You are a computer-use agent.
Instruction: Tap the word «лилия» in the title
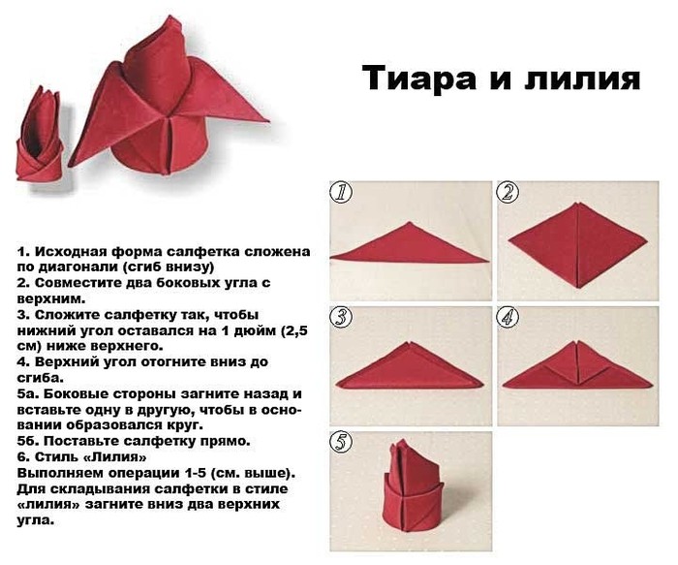click(x=582, y=78)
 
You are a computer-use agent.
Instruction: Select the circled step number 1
click(x=341, y=193)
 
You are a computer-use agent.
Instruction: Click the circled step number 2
click(x=508, y=193)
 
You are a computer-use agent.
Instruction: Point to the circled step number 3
click(x=341, y=317)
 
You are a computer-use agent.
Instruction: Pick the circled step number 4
click(x=508, y=317)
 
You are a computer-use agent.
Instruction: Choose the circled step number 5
click(x=341, y=441)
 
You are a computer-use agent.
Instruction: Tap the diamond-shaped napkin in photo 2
click(x=577, y=245)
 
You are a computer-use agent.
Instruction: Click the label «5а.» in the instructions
click(x=28, y=394)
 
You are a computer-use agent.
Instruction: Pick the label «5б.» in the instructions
click(x=28, y=441)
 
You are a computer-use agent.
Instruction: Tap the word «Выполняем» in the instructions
click(x=57, y=473)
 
